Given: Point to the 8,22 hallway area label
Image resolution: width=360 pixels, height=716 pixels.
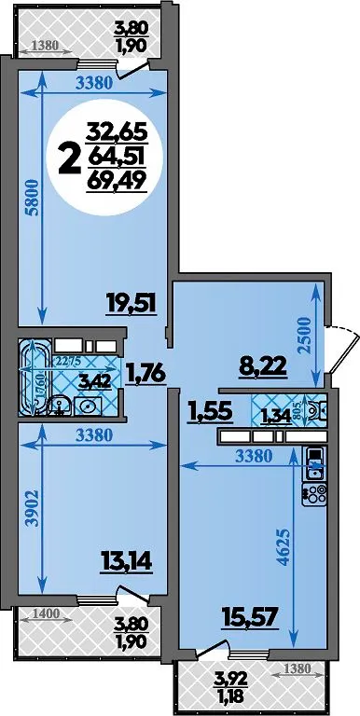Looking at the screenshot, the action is pos(264,365).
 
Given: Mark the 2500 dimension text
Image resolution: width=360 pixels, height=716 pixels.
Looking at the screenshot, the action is pos(305,336).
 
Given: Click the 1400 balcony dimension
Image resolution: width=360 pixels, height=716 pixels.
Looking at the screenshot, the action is pos(47,613).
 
